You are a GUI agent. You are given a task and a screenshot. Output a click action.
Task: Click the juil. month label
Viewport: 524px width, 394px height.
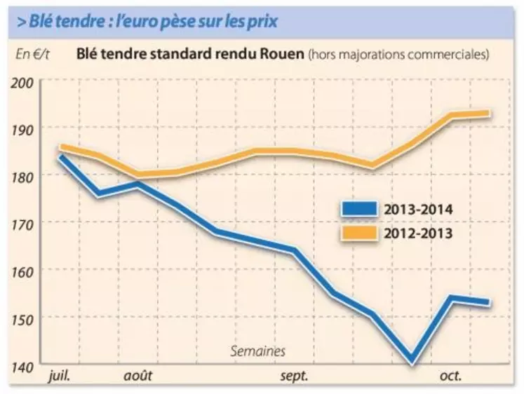(62, 376)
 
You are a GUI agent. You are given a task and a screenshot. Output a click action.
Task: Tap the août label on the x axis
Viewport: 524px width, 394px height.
(138, 376)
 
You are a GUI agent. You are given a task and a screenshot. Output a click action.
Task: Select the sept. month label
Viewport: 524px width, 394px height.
(294, 376)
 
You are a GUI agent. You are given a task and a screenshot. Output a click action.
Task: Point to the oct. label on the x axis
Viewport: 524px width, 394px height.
(450, 376)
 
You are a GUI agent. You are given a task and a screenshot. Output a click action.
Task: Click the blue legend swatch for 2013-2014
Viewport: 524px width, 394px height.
(358, 209)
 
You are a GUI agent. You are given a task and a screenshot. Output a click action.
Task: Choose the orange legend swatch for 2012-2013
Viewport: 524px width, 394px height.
(358, 232)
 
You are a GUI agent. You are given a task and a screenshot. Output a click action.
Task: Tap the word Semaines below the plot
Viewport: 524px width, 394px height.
(258, 351)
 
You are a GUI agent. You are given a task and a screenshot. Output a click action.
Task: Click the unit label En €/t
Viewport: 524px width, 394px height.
(32, 53)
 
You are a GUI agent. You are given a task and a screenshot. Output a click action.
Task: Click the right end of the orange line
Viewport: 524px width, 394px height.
(488, 114)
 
